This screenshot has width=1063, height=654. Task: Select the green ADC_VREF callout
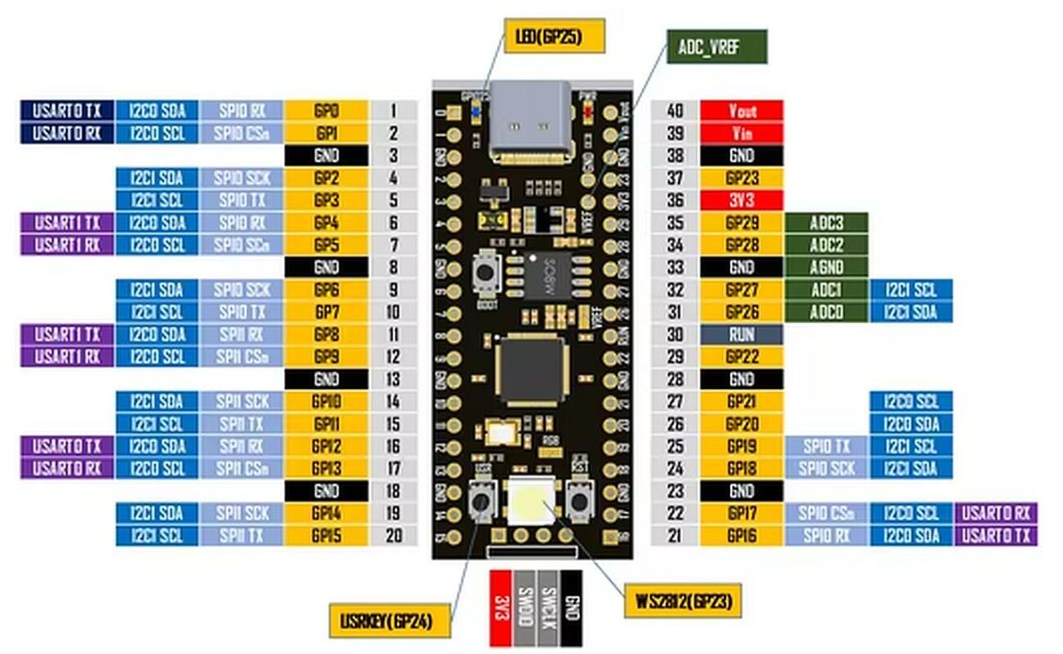(x=715, y=47)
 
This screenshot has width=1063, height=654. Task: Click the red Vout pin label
(x=742, y=111)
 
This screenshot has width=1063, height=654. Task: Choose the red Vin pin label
(x=742, y=133)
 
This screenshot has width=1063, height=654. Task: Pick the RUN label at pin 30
(x=742, y=334)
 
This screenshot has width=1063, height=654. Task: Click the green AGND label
(x=826, y=267)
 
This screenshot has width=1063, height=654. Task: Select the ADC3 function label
(x=826, y=222)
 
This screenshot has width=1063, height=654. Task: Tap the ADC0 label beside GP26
(x=826, y=311)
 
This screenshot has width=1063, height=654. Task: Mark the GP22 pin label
(x=742, y=356)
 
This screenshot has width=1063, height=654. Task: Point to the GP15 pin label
(x=326, y=535)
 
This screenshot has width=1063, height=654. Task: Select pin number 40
(x=675, y=111)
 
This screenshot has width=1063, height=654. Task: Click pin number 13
(x=393, y=379)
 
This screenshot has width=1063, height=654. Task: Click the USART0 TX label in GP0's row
(x=67, y=111)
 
